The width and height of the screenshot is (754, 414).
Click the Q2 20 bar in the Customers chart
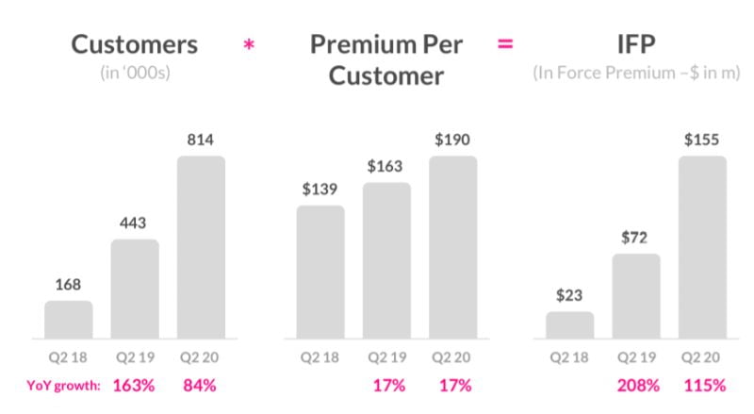pyautogui.click(x=201, y=246)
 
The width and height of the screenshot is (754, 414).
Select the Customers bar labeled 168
pyautogui.click(x=69, y=319)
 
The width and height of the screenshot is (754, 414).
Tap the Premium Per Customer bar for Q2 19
pyautogui.click(x=386, y=259)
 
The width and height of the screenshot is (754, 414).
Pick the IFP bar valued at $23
pyautogui.click(x=570, y=324)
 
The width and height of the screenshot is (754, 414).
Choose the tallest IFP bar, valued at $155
pyautogui.click(x=702, y=246)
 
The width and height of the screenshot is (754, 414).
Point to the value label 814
pyautogui.click(x=201, y=141)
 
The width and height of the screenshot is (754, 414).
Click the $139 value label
pyautogui.click(x=320, y=190)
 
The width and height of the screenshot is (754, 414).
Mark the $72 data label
pyautogui.click(x=636, y=239)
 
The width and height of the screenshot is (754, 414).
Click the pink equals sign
pyautogui.click(x=505, y=44)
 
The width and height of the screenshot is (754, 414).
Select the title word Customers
pyautogui.click(x=135, y=44)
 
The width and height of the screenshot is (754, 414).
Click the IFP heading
pyautogui.click(x=634, y=44)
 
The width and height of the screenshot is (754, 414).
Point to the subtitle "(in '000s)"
pyautogui.click(x=136, y=73)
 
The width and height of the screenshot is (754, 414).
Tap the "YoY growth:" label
pyautogui.click(x=65, y=385)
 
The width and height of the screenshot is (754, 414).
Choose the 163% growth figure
pyautogui.click(x=134, y=385)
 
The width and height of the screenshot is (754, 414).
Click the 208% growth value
pyautogui.click(x=636, y=385)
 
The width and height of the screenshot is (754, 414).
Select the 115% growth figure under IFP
pyautogui.click(x=703, y=385)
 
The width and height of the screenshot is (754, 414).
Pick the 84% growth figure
pyautogui.click(x=201, y=385)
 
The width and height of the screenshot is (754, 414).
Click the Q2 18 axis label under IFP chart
pyautogui.click(x=570, y=357)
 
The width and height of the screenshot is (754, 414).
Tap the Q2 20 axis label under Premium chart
pyautogui.click(x=452, y=357)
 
